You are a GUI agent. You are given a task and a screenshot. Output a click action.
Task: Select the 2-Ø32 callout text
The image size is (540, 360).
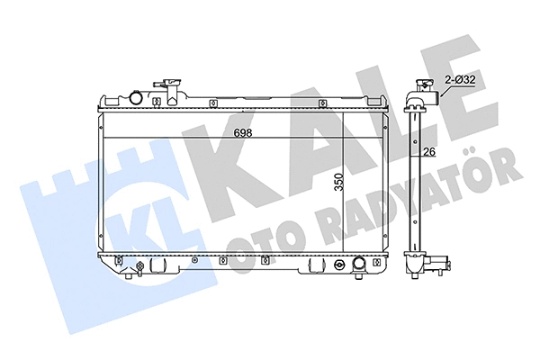(x=461, y=80)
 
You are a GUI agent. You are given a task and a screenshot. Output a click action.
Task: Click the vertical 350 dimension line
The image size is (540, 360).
(x=344, y=184)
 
